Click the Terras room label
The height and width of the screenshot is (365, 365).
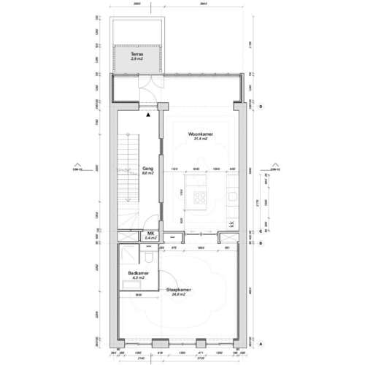[137, 55]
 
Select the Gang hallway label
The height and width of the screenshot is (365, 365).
[147, 167]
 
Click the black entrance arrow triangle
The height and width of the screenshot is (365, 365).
[148, 115]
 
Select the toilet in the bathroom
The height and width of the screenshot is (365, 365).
[148, 258]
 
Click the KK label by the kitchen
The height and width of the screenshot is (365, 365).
[231, 223]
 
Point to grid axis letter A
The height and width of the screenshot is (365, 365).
[260, 342]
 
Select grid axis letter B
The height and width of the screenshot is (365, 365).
[260, 243]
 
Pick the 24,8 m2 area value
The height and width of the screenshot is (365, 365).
[179, 296]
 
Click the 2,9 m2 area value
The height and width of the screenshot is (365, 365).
[137, 59]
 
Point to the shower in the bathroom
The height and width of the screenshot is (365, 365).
[128, 255]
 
